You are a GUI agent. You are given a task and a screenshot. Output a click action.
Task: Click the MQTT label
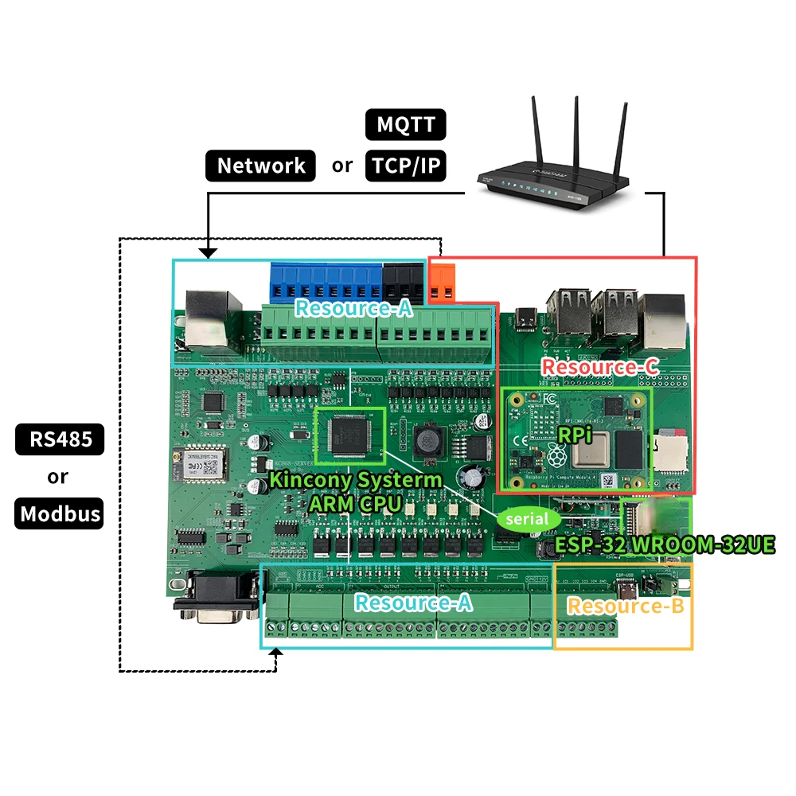click(x=405, y=125)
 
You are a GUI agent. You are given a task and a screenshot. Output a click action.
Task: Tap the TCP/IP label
click(x=405, y=166)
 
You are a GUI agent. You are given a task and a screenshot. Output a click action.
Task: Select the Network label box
click(x=261, y=166)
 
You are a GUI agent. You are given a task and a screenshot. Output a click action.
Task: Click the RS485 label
click(x=60, y=439)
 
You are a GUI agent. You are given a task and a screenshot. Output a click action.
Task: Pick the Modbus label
click(x=60, y=513)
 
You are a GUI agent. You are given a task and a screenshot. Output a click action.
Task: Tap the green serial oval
click(x=529, y=519)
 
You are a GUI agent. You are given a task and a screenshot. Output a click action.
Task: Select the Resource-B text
click(x=626, y=606)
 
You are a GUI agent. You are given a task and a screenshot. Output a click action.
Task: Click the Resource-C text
click(x=599, y=367)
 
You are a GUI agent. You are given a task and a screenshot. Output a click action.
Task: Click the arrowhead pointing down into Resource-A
click(x=209, y=253)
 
